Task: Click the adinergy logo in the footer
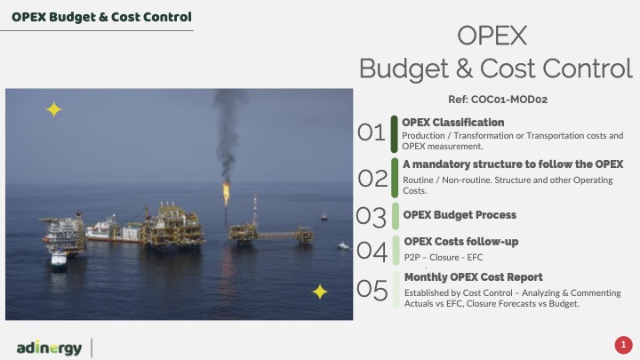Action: [x=50, y=348]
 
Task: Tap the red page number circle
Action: [x=623, y=345]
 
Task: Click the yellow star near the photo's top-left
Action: [x=54, y=110]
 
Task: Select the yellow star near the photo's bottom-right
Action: [x=320, y=292]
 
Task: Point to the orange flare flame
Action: [x=226, y=194]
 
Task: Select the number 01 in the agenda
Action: [x=371, y=132]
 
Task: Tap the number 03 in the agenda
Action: [x=371, y=217]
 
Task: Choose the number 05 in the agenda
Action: [x=372, y=290]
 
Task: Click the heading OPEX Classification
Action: [x=453, y=123]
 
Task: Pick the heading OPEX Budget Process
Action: [x=460, y=215]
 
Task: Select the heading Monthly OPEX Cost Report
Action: [x=474, y=277]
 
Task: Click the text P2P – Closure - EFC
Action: [x=444, y=258]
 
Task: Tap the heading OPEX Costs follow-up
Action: [x=461, y=242]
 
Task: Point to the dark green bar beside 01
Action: [x=395, y=134]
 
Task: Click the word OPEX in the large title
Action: [x=492, y=36]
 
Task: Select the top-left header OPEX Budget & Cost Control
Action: [x=101, y=17]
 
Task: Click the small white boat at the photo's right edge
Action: [x=343, y=245]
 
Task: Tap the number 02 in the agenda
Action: [x=372, y=179]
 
